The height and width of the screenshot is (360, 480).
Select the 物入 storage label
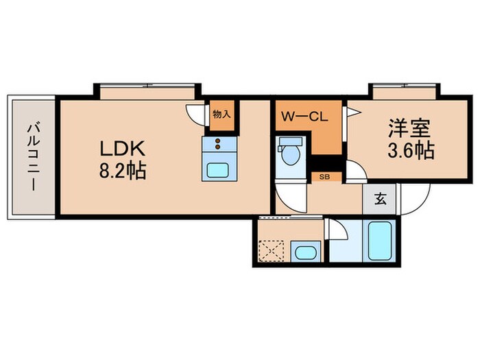click(221, 114)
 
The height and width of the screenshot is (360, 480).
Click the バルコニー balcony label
click(32, 157)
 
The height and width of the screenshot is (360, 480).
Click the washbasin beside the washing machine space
click(303, 251)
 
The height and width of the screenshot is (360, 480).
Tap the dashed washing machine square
click(273, 251)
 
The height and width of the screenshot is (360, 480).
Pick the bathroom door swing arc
click(338, 234)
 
